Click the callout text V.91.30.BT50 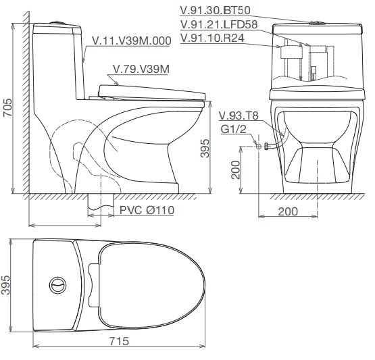tap(216, 11)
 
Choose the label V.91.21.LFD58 tap(219, 24)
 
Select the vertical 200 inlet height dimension tap(233, 171)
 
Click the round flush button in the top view tap(59, 282)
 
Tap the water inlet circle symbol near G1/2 tap(258, 145)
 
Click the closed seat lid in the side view tap(151, 91)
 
